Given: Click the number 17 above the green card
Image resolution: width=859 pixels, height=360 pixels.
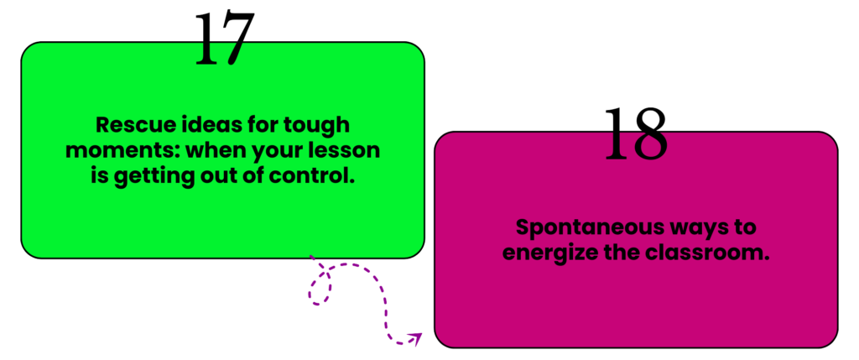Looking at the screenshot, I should (x=224, y=39).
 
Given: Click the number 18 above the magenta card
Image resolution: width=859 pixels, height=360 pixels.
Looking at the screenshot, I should (x=635, y=134).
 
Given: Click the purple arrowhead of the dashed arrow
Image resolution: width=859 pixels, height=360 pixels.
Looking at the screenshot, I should (x=415, y=339).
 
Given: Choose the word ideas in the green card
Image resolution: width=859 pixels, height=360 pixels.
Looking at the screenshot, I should (x=206, y=127).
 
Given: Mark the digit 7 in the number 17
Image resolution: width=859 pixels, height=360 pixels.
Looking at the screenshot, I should (x=237, y=39).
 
